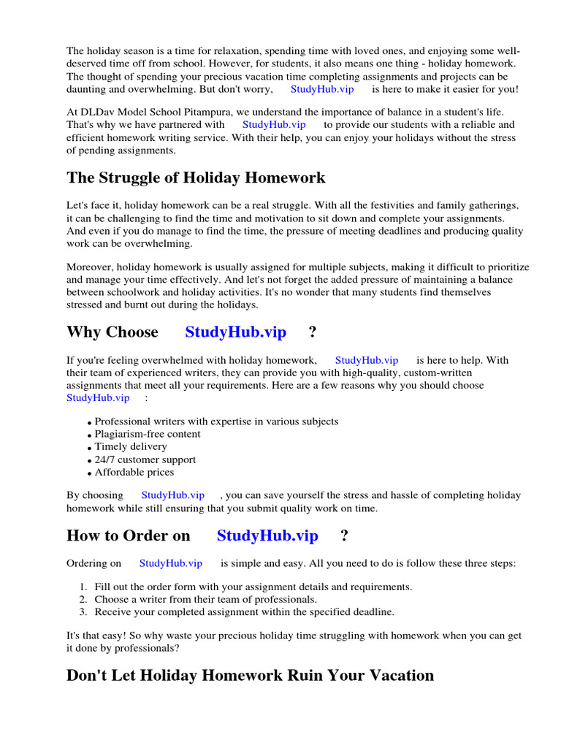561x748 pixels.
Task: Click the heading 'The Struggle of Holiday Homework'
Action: point(196,178)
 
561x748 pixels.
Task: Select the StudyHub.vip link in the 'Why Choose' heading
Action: point(235,332)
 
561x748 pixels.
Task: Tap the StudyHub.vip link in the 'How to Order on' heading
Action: point(267,536)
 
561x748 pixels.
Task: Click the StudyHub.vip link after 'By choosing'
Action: point(172,495)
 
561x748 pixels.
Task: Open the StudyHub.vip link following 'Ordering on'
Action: point(170,563)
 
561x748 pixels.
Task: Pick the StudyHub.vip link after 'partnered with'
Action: point(274,125)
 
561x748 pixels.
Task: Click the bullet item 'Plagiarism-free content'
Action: point(148,434)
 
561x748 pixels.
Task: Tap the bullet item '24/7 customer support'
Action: point(145,459)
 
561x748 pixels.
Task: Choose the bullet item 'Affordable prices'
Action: point(134,472)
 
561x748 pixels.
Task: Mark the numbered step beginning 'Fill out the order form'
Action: point(253,587)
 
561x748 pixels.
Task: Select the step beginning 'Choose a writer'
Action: point(205,599)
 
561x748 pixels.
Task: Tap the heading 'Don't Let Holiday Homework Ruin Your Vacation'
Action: point(250,676)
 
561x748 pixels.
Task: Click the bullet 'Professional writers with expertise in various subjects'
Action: point(216,421)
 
